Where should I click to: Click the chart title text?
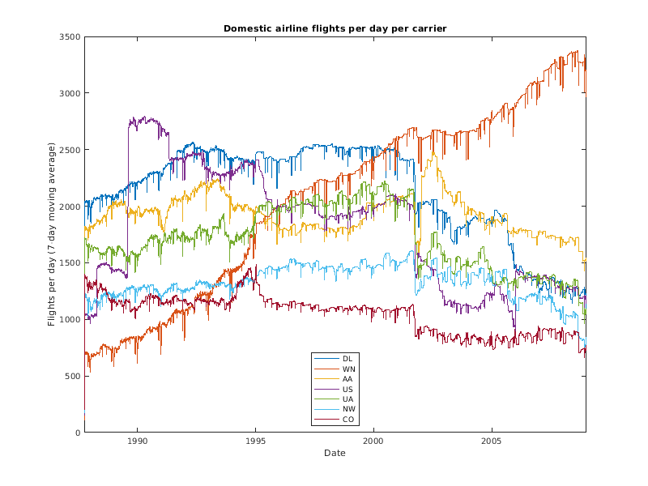(x=335, y=28)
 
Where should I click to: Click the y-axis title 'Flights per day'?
(x=51, y=234)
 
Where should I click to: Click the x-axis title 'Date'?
(x=335, y=453)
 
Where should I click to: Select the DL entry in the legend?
(x=347, y=358)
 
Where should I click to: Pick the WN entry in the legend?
(x=348, y=369)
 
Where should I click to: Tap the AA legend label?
(x=347, y=378)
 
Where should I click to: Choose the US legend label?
(x=347, y=389)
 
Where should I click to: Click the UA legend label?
(x=347, y=399)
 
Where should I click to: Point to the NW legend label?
(x=348, y=409)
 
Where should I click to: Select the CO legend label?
(x=348, y=420)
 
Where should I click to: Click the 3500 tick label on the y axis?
(x=69, y=37)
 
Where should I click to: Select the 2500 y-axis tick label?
(x=69, y=150)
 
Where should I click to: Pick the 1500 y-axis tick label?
(x=69, y=263)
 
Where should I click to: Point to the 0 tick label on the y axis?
(x=77, y=433)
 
